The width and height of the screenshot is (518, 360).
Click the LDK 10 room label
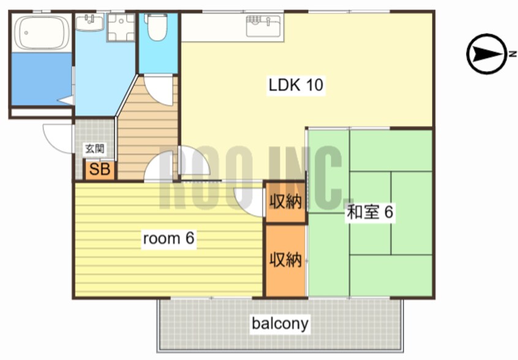click(296, 85)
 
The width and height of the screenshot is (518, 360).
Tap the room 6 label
click(168, 238)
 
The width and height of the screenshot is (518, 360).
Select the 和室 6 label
click(370, 212)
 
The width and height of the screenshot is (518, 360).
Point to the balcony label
click(280, 323)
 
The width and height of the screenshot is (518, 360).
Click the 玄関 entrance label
click(94, 149)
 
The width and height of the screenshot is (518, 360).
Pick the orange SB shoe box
click(100, 170)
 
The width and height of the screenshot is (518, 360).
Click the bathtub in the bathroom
click(42, 32)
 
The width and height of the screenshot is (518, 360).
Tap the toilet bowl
click(157, 27)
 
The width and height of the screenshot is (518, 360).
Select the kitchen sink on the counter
click(263, 26)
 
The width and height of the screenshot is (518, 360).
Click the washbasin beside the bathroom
click(89, 22)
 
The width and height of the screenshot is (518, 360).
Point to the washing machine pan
click(121, 27)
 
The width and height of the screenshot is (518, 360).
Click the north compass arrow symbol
click(486, 54)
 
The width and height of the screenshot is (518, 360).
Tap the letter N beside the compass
click(512, 54)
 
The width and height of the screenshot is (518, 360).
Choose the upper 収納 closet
click(285, 201)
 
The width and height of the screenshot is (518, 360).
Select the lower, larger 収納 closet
click(285, 261)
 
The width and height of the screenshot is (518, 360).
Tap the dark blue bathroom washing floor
click(42, 78)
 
